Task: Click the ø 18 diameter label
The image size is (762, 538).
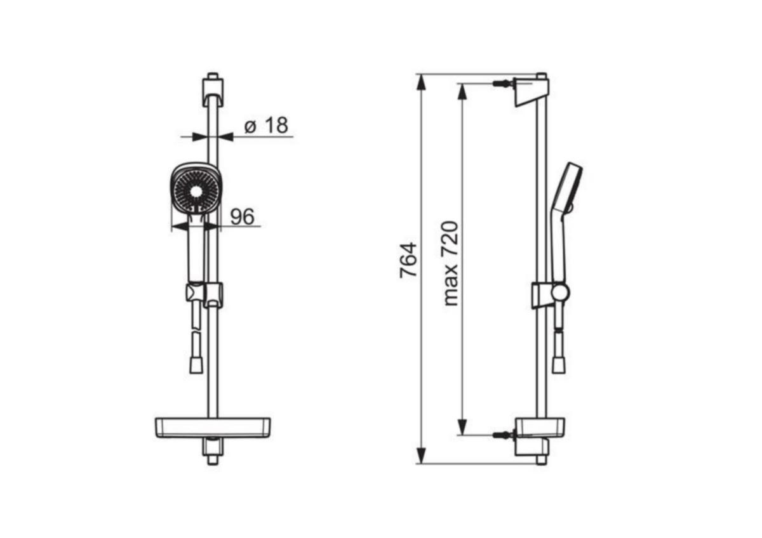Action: [266, 125]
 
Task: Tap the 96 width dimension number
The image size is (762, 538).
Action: [242, 216]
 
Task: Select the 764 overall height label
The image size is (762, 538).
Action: [408, 260]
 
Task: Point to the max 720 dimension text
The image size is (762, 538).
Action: [451, 264]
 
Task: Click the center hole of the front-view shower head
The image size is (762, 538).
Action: [196, 192]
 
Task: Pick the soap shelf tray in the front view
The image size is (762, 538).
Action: [213, 427]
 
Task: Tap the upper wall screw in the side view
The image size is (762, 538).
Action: [503, 83]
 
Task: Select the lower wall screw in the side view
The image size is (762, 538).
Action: [503, 435]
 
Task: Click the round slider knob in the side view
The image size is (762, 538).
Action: [560, 292]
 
